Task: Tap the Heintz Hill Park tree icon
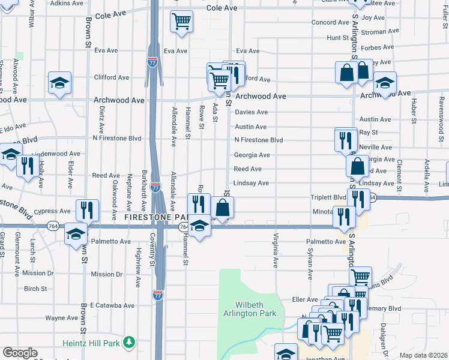pos(128,342)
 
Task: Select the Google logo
pos(20,353)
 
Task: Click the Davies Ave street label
pos(251,112)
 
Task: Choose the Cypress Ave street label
pos(53,211)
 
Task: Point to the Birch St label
pos(35,289)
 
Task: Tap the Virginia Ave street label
pos(276,250)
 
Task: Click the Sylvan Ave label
pos(311,266)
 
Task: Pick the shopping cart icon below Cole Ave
pos(181,22)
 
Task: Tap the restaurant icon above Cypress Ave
pos(87,210)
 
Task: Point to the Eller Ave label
pos(304,299)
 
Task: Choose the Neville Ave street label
pos(375,147)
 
